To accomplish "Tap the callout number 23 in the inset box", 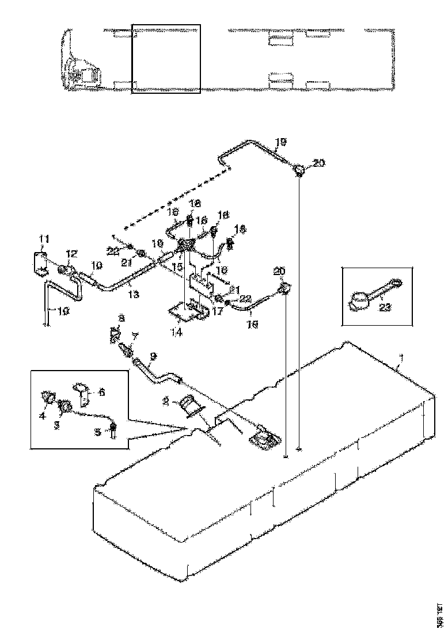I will pos(385,307).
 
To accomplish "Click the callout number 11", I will pos(44,238).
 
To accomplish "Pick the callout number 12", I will pos(71,253).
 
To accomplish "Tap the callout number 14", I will pos(177,332).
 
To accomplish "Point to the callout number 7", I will pos(135,335).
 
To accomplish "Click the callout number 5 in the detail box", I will pos(98,430).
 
